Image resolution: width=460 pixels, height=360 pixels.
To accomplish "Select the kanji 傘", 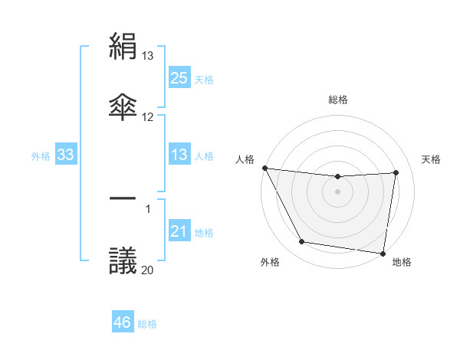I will (x=123, y=106).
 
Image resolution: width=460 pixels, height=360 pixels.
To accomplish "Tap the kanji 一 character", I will (x=123, y=198).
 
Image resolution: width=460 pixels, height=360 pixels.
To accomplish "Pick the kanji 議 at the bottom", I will (x=123, y=260).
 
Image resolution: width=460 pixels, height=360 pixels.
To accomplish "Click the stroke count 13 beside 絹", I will (x=148, y=56).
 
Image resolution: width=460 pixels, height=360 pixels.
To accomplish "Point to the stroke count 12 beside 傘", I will (x=148, y=117).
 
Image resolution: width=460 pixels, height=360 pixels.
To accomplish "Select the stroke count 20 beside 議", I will (x=148, y=270).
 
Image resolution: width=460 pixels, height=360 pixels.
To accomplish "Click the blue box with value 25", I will (x=179, y=78).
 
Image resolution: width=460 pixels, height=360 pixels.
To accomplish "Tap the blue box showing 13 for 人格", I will (x=179, y=155).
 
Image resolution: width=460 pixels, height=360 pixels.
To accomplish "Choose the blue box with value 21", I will (x=179, y=232).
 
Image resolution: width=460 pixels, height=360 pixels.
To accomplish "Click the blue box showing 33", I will (x=66, y=155).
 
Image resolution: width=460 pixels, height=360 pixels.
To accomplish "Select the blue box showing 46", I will (x=123, y=323).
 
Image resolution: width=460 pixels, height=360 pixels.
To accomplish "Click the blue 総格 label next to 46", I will (x=147, y=324).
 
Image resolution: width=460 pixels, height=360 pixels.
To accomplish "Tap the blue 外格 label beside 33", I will (x=41, y=156).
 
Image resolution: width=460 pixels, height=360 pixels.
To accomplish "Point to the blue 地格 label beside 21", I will (x=204, y=233).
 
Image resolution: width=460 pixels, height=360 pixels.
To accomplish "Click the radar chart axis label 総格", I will (x=338, y=100).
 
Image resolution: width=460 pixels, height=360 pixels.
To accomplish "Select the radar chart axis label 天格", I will (x=432, y=159).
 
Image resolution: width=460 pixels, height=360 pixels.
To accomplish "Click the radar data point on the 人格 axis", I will (x=264, y=168).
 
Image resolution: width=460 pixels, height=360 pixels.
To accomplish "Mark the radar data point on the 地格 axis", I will (x=383, y=253).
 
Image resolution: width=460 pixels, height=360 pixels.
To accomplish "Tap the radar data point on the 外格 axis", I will (x=301, y=243).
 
